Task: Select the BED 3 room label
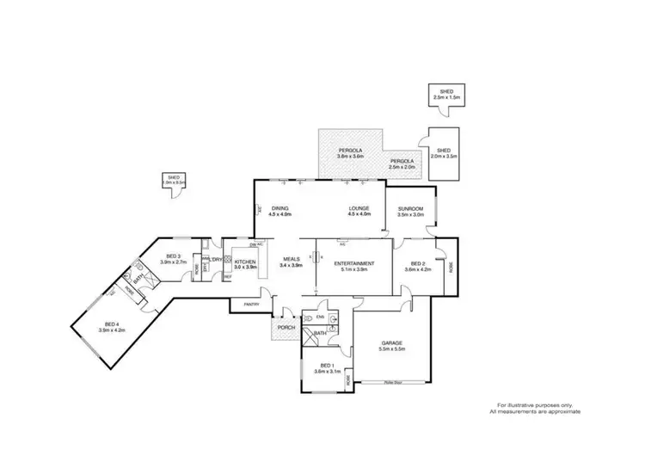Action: (174, 256)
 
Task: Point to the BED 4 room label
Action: (113, 324)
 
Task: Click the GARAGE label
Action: (392, 342)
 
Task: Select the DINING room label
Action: (280, 208)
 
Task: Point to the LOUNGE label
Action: (359, 208)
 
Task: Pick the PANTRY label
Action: (251, 304)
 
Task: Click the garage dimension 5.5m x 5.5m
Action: (392, 348)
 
